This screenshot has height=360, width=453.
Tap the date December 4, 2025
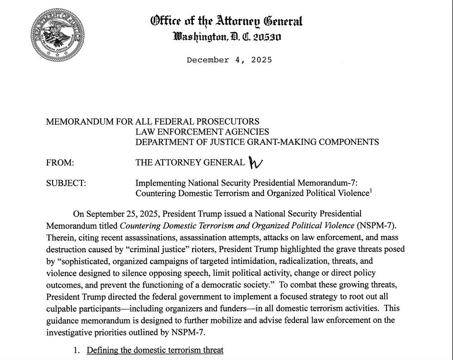229,60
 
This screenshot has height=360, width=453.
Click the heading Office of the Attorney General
226,21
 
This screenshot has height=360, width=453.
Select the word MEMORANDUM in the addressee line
80,121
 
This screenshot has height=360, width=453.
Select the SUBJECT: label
66,183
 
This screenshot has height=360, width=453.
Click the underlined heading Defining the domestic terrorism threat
155,350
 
